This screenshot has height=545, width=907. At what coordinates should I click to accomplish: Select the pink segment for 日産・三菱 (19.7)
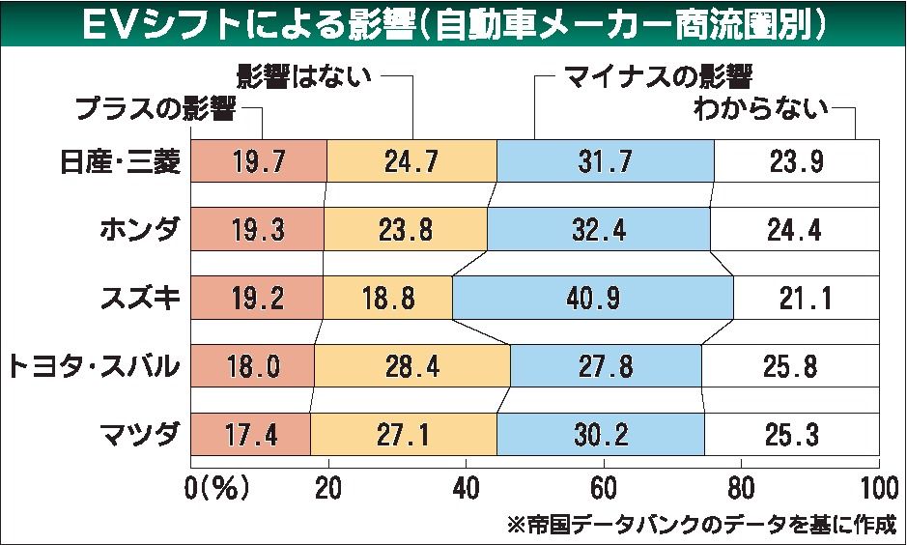tap(259, 161)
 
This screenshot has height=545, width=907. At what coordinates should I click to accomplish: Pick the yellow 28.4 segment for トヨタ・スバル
tap(412, 366)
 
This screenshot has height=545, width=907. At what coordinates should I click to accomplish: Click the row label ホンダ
tap(139, 230)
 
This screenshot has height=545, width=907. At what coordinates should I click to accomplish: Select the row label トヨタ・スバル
tap(94, 366)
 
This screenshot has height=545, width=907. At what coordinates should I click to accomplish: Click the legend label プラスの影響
tap(156, 109)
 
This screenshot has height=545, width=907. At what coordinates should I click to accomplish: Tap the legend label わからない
tap(763, 109)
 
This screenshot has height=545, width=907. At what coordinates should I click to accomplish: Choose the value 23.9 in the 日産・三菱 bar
tap(796, 161)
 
